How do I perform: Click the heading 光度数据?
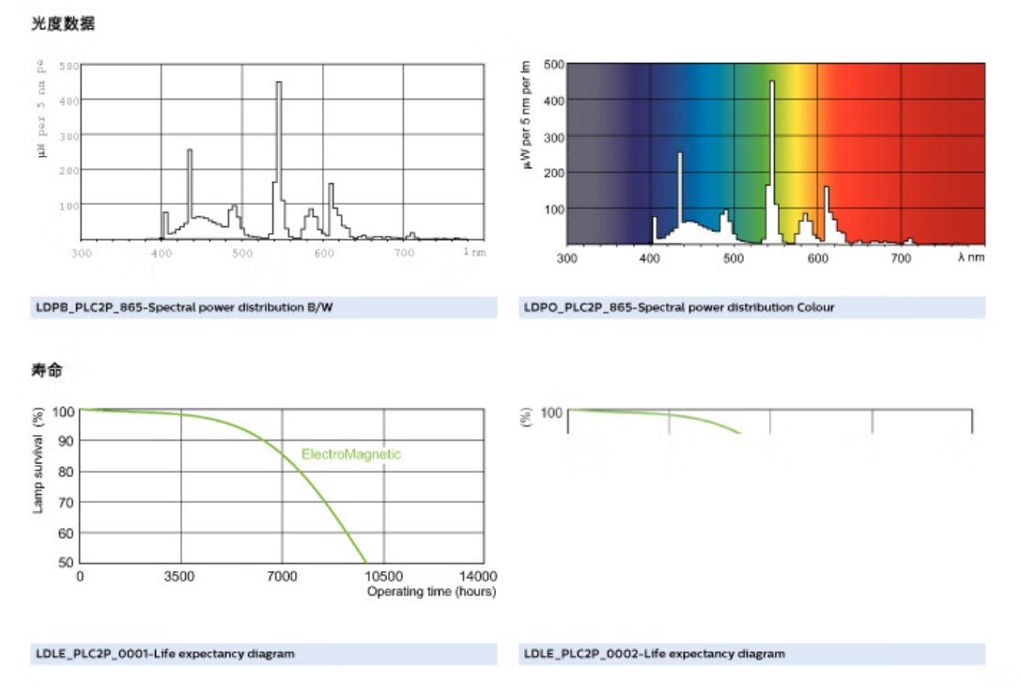point(63,24)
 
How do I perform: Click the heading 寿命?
point(47,371)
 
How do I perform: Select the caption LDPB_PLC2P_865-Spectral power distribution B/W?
point(184,307)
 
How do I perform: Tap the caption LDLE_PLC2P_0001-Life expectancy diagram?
point(165,653)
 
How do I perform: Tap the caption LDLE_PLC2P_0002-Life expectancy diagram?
point(655,653)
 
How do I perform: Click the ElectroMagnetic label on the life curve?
point(351,455)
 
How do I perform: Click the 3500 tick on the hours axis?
point(178,576)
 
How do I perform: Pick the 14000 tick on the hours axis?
point(477,576)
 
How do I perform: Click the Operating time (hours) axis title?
point(431,592)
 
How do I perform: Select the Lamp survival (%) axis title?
point(39,459)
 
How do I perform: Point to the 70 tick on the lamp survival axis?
point(65,502)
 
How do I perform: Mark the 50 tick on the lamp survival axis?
point(65,562)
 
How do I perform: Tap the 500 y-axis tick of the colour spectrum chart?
point(553,65)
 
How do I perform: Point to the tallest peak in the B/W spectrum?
point(278,85)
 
